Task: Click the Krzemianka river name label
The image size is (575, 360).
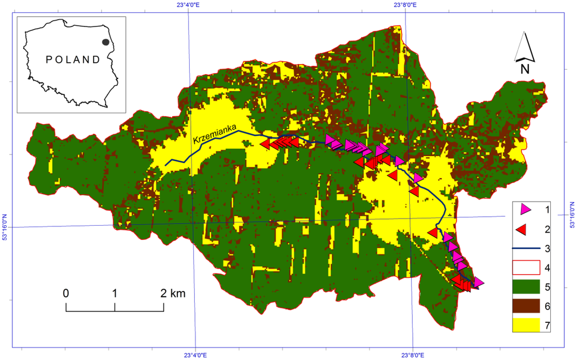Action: point(215,133)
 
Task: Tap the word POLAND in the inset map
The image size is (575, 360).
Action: point(72,60)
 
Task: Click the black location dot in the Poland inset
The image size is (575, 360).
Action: point(106,42)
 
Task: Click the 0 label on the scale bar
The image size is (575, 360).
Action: point(66,293)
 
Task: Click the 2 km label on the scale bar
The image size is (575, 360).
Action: point(173,293)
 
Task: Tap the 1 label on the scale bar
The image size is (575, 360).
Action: point(115,293)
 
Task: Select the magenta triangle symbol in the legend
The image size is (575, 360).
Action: point(526,209)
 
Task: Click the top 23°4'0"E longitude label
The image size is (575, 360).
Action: point(191,5)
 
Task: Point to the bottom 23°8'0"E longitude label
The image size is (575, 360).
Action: point(412,354)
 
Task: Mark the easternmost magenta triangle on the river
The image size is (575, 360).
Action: point(478,282)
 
